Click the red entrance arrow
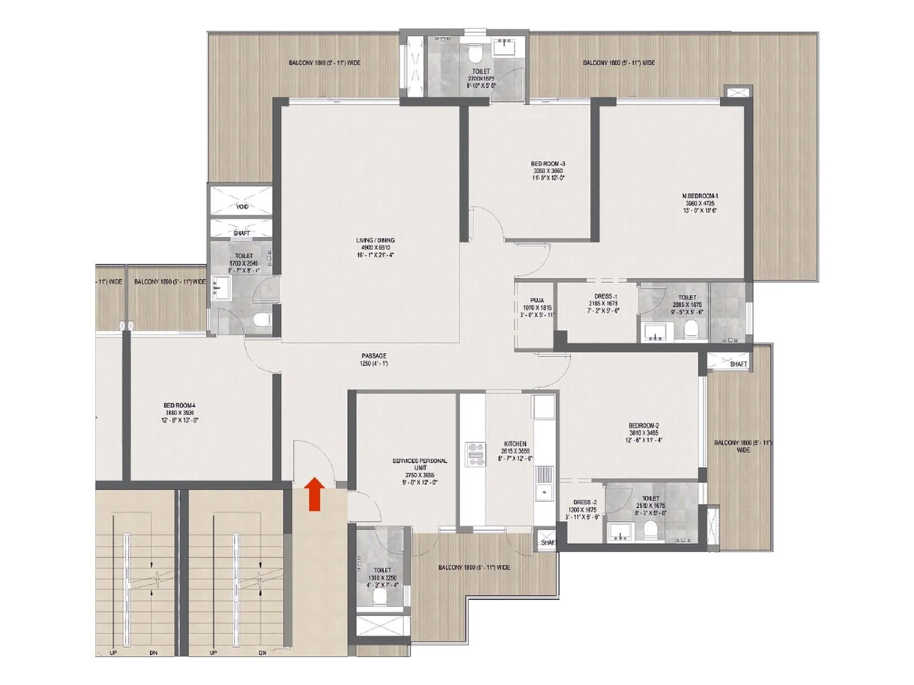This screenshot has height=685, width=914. point(314,494)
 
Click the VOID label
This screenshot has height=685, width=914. point(242,207)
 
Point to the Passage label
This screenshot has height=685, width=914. point(374,360)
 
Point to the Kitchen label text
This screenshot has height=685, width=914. point(515,444)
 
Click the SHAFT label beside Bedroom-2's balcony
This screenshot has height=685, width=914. point(738,364)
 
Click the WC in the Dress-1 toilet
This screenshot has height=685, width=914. point(691,330)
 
